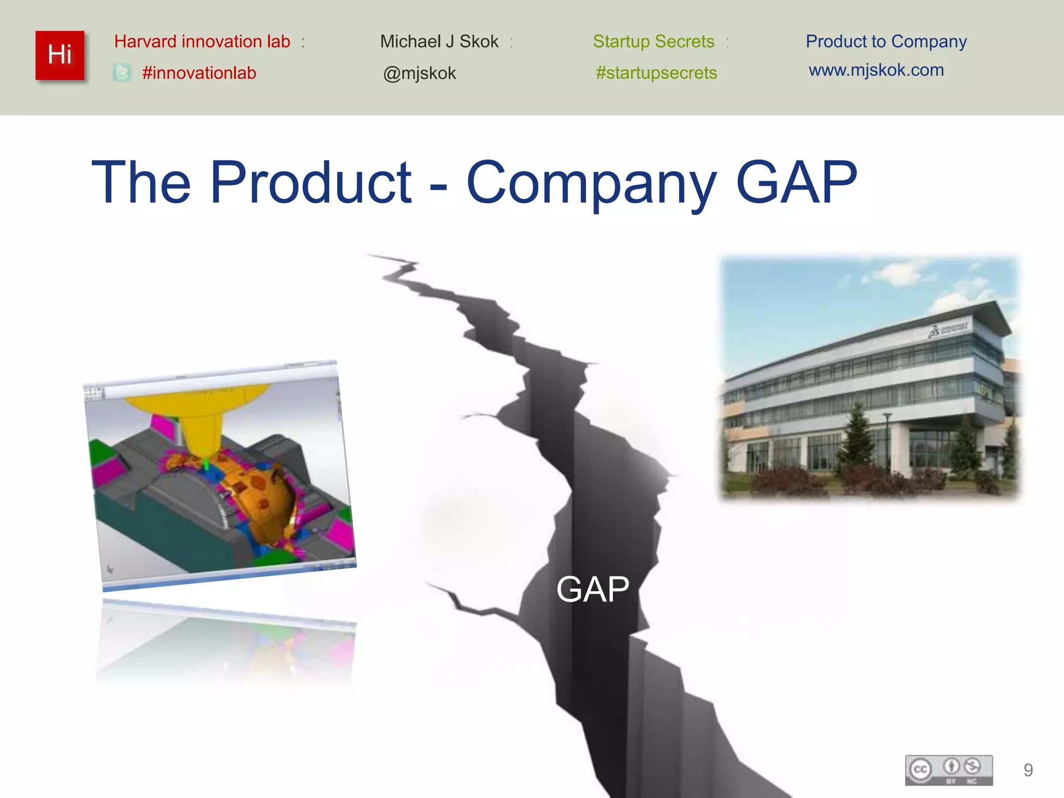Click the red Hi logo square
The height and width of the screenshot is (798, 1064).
[60, 55]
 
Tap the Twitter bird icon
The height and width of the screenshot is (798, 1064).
[122, 73]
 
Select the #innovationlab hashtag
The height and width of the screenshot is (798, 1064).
[199, 73]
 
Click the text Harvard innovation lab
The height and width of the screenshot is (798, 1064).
[202, 42]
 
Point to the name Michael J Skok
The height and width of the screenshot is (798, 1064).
[439, 42]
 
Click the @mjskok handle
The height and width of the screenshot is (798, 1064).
[419, 73]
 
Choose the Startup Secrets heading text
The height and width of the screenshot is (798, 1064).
[654, 42]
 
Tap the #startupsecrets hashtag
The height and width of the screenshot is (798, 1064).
[656, 73]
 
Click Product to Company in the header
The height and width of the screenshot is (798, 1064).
[886, 42]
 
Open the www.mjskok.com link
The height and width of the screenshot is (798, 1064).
[876, 70]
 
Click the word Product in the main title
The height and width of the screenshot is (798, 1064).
[311, 182]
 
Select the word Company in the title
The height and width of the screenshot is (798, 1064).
[592, 182]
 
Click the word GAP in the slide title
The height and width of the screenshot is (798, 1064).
[796, 182]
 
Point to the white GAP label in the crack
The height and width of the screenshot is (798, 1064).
[592, 589]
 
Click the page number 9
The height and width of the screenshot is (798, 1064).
[1028, 770]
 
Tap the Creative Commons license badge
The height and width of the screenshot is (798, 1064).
[949, 770]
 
